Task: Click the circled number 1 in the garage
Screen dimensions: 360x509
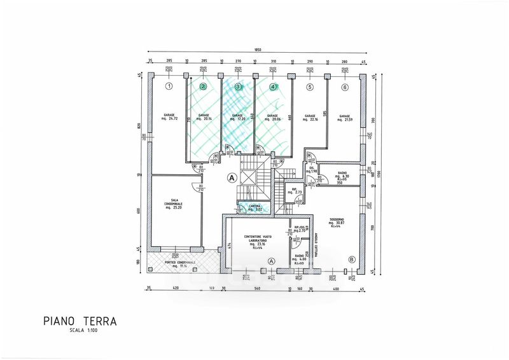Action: (169, 86)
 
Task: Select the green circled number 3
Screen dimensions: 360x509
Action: (238, 87)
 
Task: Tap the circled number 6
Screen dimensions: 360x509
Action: (345, 87)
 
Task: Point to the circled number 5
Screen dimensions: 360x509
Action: (310, 87)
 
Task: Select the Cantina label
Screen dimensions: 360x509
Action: (254, 207)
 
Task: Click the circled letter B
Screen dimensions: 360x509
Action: (352, 259)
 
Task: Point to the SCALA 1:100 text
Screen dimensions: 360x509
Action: (85, 330)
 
